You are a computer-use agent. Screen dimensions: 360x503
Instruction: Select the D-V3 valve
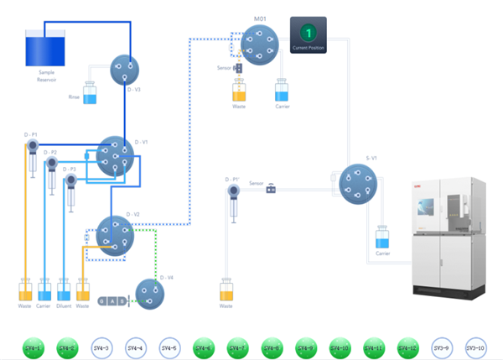pyautogui.click(x=125, y=70)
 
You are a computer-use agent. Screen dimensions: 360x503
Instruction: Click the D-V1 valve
pyautogui.click(x=113, y=156)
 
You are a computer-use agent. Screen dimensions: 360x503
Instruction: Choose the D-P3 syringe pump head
pyautogui.click(x=70, y=180)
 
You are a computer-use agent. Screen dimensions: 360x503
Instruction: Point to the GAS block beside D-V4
pyautogui.click(x=112, y=300)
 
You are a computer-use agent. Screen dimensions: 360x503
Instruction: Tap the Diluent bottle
pyautogui.click(x=64, y=292)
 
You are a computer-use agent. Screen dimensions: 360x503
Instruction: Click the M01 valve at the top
pyautogui.click(x=258, y=43)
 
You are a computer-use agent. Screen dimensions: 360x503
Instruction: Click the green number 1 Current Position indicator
pyautogui.click(x=308, y=33)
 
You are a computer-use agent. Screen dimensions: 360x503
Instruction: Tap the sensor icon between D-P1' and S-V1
pyautogui.click(x=271, y=189)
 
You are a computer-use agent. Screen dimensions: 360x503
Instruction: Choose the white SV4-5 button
pyautogui.click(x=169, y=347)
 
